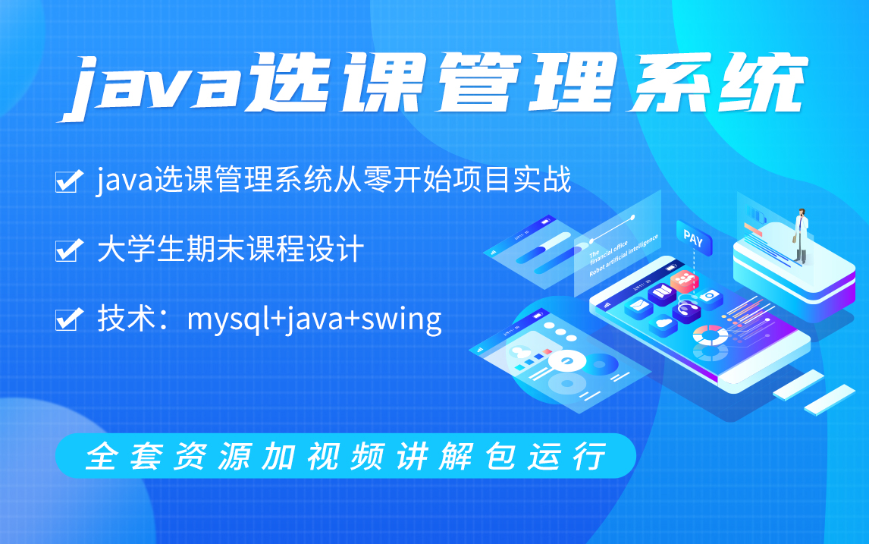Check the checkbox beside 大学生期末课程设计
point(69,251)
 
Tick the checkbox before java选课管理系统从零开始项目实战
point(69,182)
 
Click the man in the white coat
point(800,231)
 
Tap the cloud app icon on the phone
point(664,323)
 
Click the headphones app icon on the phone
point(687,310)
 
